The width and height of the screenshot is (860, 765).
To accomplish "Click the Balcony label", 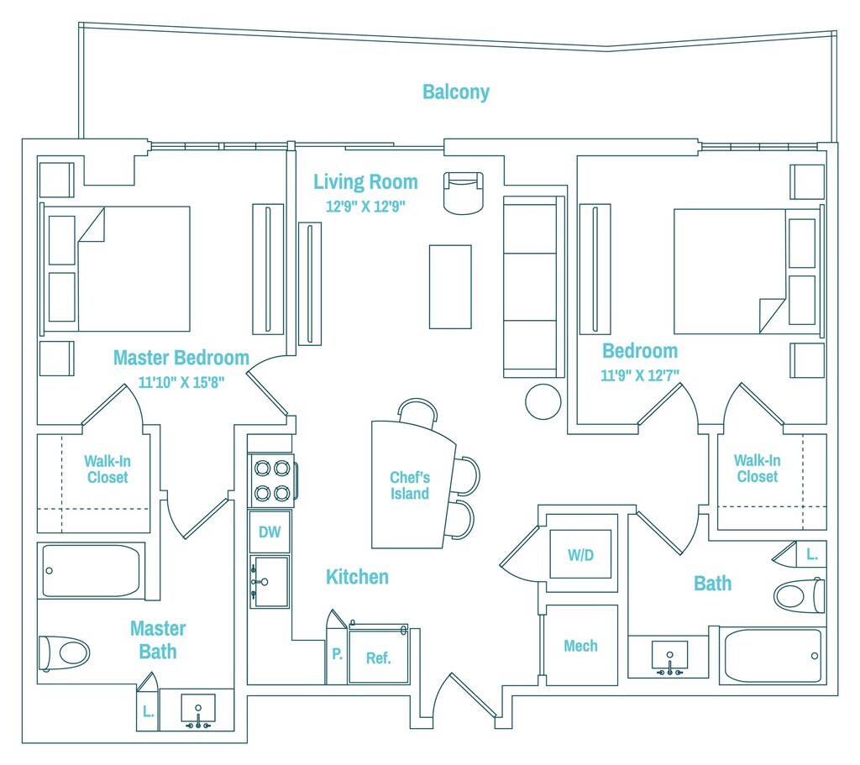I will tap(455, 92).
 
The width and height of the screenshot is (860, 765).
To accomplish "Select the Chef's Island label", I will tap(410, 486).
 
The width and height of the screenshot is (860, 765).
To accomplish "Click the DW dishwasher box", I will tap(270, 532).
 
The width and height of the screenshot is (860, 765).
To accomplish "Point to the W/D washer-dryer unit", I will tap(580, 555).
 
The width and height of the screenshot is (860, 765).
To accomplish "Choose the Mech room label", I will tap(580, 646).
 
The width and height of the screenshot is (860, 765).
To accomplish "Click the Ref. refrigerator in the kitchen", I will tap(379, 658).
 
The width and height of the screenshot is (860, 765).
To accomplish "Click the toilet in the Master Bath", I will tap(65, 652).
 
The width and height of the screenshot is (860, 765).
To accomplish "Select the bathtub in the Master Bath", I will tap(92, 571).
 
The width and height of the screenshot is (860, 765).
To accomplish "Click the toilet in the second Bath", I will tap(799, 595).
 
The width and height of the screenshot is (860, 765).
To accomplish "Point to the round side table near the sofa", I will tap(543, 401).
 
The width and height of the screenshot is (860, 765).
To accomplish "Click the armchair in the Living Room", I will tap(464, 193).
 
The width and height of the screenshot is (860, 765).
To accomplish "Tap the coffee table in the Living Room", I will tap(450, 286).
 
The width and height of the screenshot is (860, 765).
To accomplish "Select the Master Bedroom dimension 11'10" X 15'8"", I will tap(181, 381).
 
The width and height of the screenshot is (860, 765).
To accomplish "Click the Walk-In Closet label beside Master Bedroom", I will tap(107, 469).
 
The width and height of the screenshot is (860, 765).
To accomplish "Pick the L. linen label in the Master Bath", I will tap(148, 711).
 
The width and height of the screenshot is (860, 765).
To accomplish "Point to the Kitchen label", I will tap(357, 577).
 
